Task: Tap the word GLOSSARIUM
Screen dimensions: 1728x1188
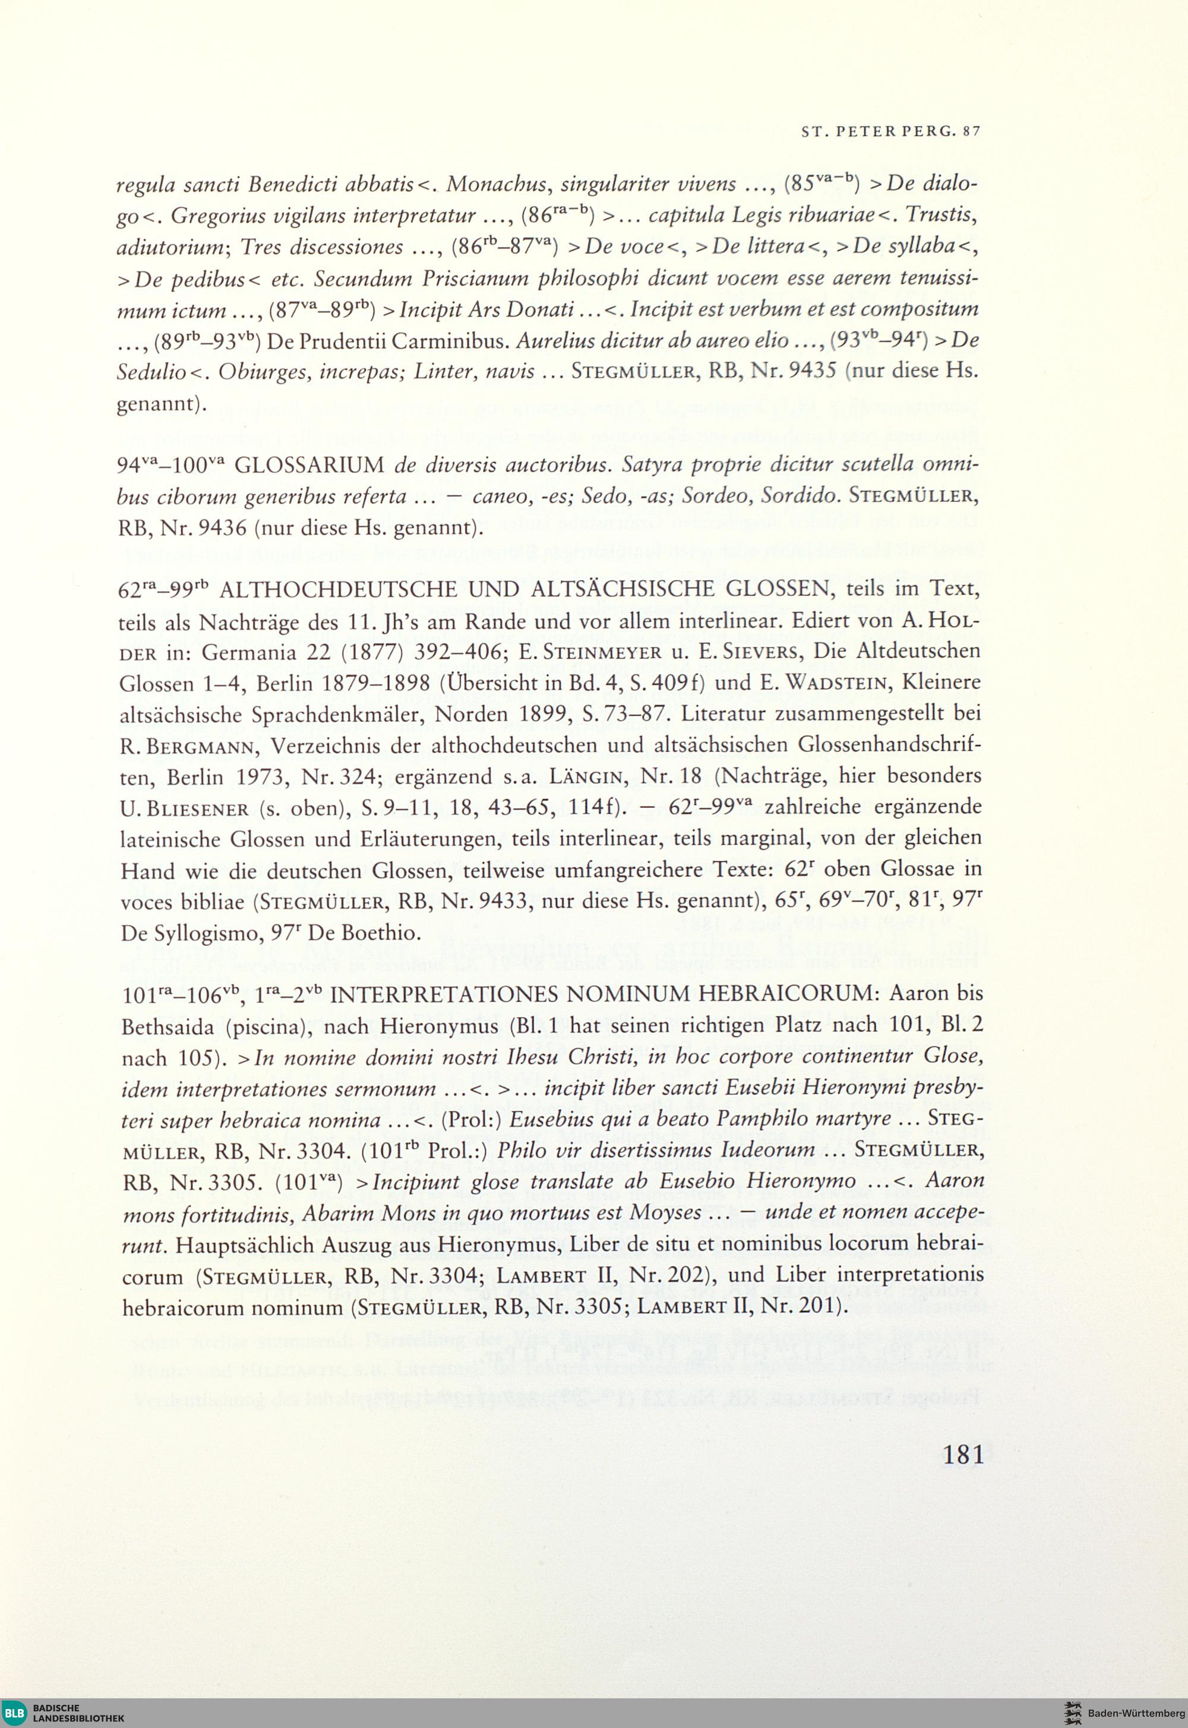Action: pyautogui.click(x=309, y=466)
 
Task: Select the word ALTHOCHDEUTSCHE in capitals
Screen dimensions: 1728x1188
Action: pyautogui.click(x=338, y=589)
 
